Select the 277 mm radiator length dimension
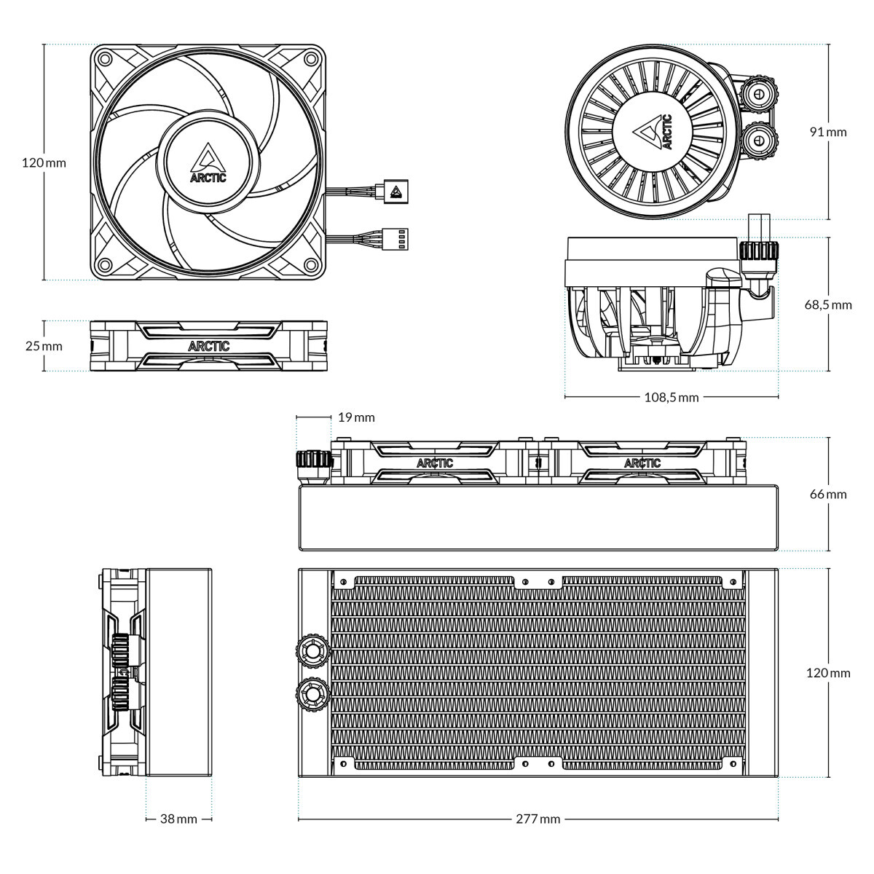538,819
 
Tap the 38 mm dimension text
178,819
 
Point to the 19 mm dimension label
357,417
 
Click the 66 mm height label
828,494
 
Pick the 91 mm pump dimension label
828,132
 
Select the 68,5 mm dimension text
827,304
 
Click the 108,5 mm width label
671,397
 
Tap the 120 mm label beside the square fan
44,162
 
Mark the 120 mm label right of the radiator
828,672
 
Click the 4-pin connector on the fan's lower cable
398,237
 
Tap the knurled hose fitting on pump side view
758,251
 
